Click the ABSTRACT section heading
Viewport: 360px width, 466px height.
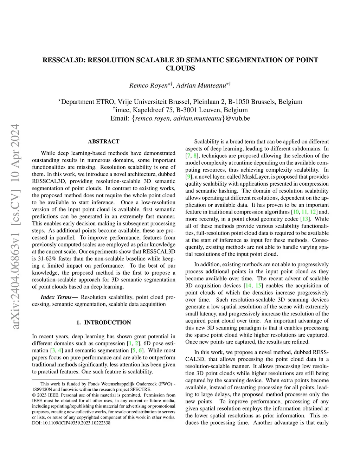tap(103, 141)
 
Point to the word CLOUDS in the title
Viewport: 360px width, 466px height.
tap(180, 68)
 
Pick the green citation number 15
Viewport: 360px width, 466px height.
tap(259, 286)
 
